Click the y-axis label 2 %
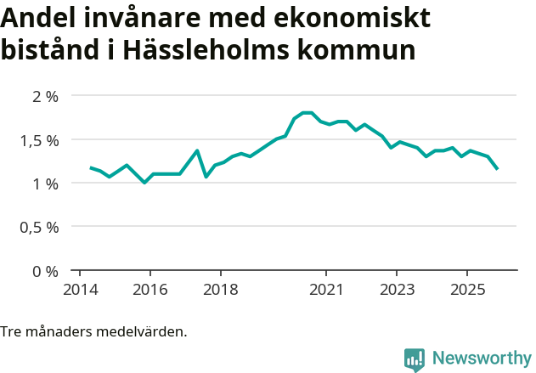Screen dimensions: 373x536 (x=45, y=96)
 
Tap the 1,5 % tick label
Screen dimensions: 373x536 (x=39, y=139)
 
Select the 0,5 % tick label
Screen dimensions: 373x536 (x=39, y=227)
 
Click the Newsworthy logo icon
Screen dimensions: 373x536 (x=415, y=359)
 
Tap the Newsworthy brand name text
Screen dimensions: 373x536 (x=481, y=359)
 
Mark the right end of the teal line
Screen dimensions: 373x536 (x=497, y=168)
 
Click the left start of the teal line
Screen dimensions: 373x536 (x=91, y=168)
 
